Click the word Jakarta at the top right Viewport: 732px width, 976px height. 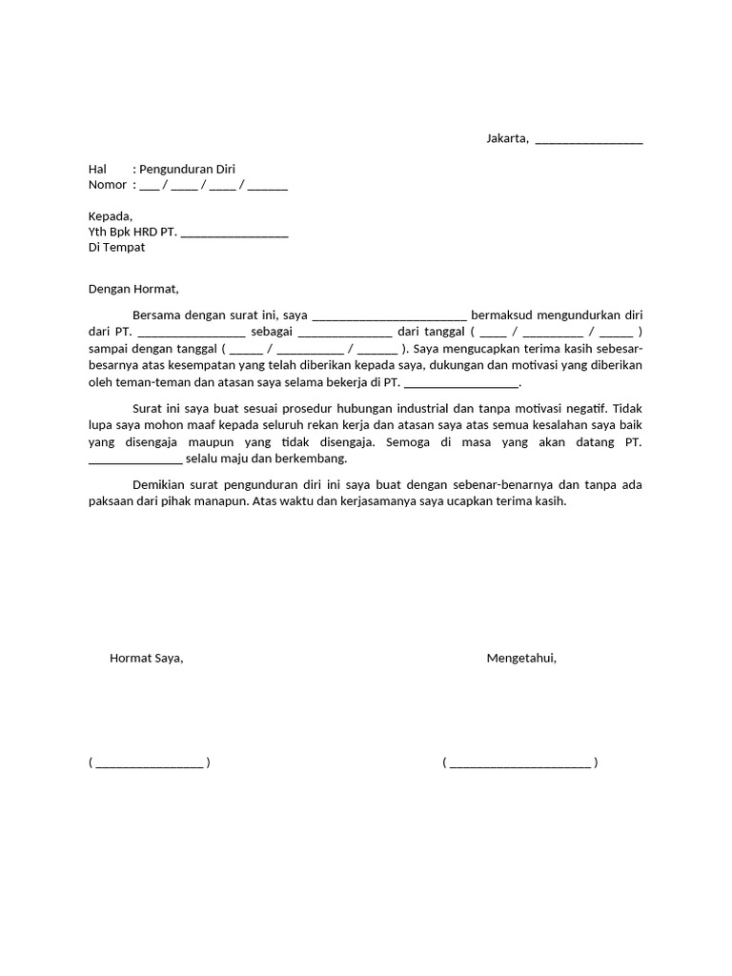(507, 139)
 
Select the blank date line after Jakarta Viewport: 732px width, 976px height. (589, 142)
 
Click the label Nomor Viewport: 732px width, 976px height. (108, 184)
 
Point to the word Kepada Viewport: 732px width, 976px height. (111, 215)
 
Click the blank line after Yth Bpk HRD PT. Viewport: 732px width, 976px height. (234, 234)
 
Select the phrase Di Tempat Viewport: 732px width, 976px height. (117, 247)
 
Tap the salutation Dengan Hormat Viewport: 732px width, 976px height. (133, 289)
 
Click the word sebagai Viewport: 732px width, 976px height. (272, 332)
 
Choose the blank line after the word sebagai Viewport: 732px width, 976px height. (345, 335)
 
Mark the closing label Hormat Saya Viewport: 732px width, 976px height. (146, 658)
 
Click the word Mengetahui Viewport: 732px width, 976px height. (521, 658)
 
